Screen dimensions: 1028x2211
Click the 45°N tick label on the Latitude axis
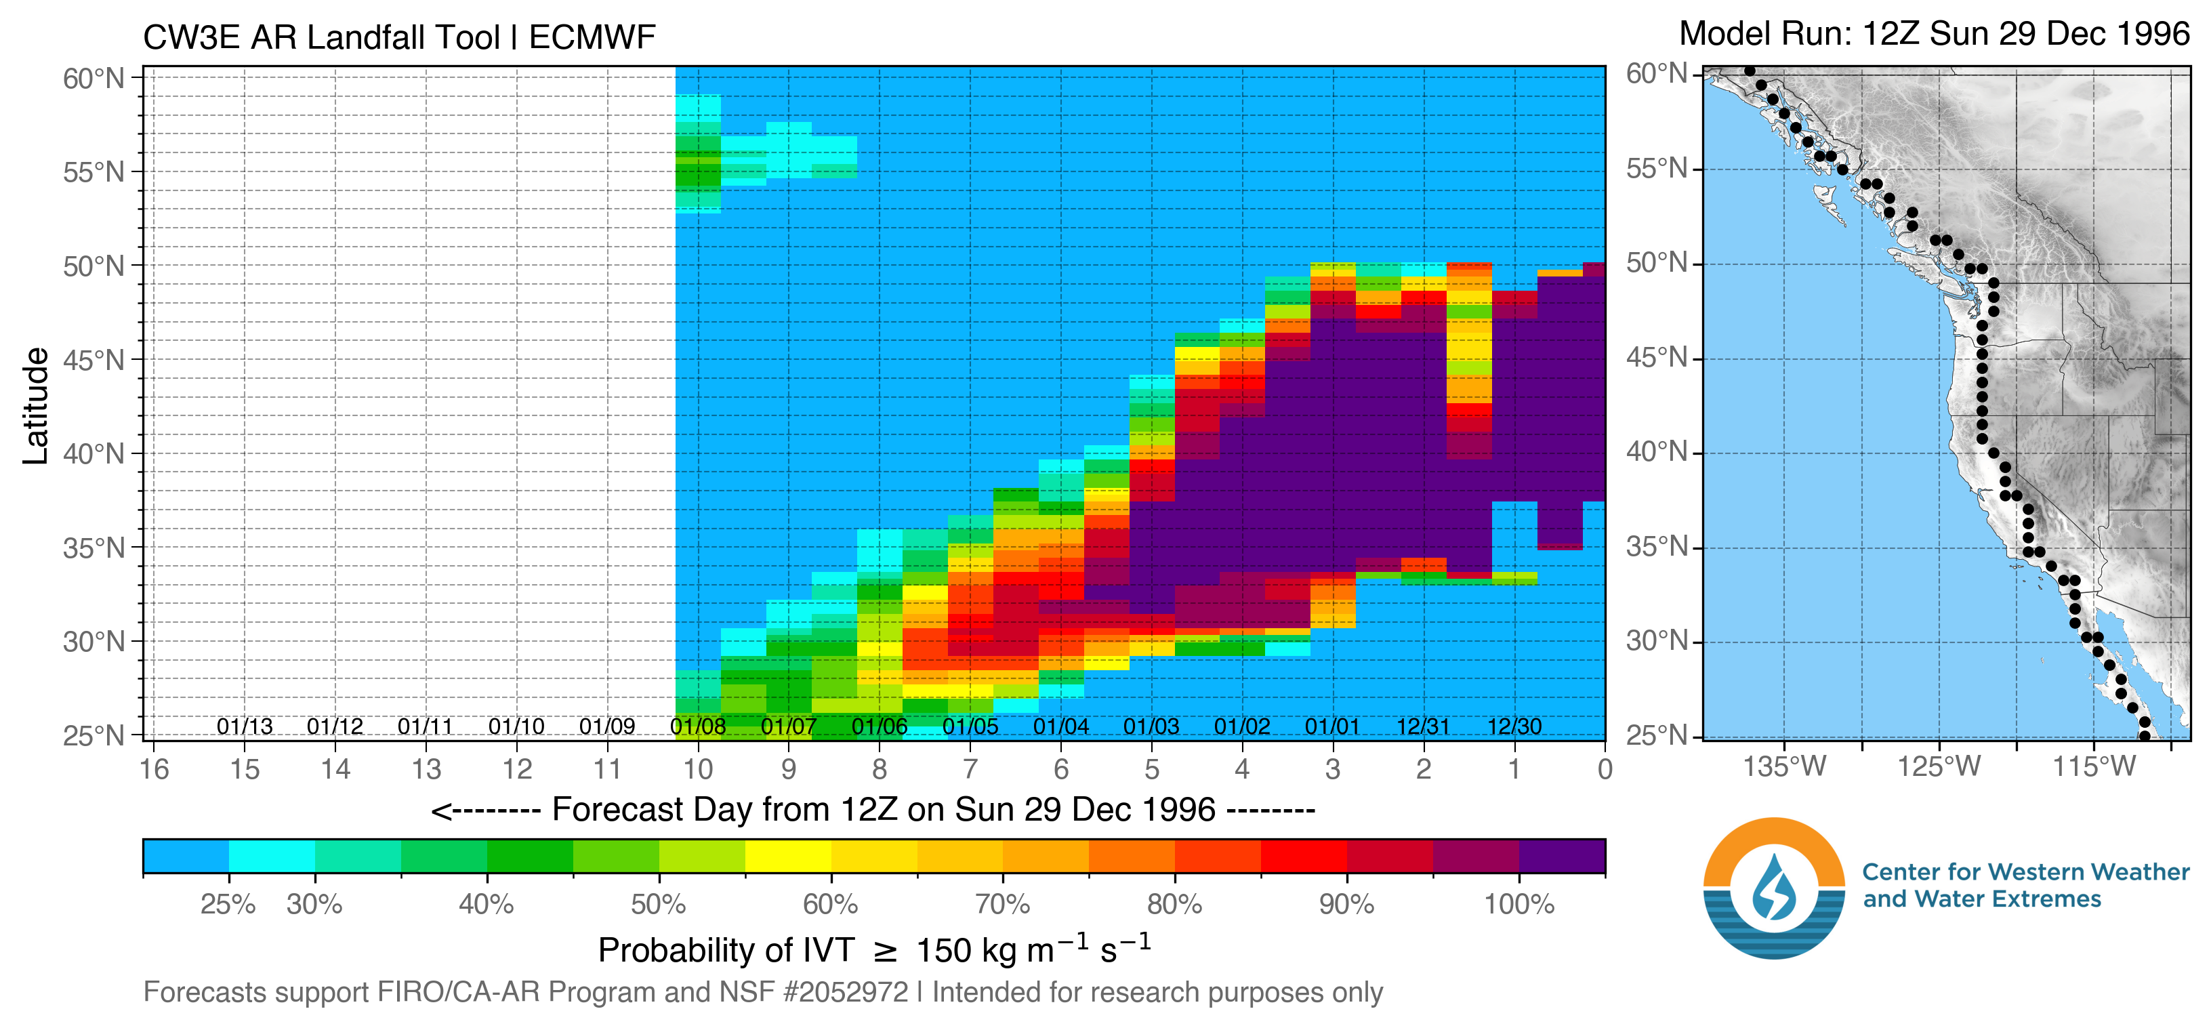[x=94, y=361]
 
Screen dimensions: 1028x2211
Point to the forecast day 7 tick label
[x=970, y=769]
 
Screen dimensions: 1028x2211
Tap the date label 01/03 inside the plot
[x=1151, y=727]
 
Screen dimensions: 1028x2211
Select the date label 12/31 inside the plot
[x=1423, y=727]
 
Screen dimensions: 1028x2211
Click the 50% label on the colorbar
[x=659, y=905]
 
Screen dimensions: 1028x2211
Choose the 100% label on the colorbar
[x=1519, y=905]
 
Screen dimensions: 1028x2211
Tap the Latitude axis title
[x=36, y=406]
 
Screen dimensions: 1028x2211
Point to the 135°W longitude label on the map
[x=1784, y=766]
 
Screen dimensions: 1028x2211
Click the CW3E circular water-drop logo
[x=1774, y=888]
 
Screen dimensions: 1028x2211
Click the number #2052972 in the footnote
[x=846, y=993]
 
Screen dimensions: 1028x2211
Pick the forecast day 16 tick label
[x=154, y=769]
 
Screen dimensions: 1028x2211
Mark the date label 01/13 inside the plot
[x=245, y=727]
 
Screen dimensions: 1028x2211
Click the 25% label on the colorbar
[x=228, y=905]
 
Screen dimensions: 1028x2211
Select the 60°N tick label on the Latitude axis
[x=94, y=79]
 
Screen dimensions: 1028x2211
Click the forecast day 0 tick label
[x=1604, y=769]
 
